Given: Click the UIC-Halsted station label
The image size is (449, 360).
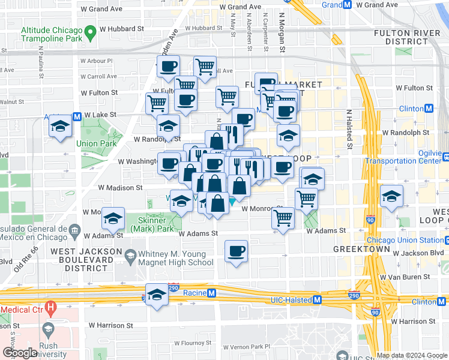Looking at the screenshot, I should (286, 299).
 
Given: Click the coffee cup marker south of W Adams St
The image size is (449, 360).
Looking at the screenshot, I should (237, 251).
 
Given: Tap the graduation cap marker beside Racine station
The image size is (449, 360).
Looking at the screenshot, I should (157, 295).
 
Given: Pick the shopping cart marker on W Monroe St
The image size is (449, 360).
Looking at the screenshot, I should (283, 218).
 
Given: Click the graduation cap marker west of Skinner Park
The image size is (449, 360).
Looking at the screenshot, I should (112, 220).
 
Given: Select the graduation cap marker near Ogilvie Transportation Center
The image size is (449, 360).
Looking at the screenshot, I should (391, 196).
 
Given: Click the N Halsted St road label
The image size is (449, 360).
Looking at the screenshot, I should (349, 130).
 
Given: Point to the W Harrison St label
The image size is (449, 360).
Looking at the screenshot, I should (111, 325).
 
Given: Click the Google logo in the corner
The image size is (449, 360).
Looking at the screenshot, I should (20, 353).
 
